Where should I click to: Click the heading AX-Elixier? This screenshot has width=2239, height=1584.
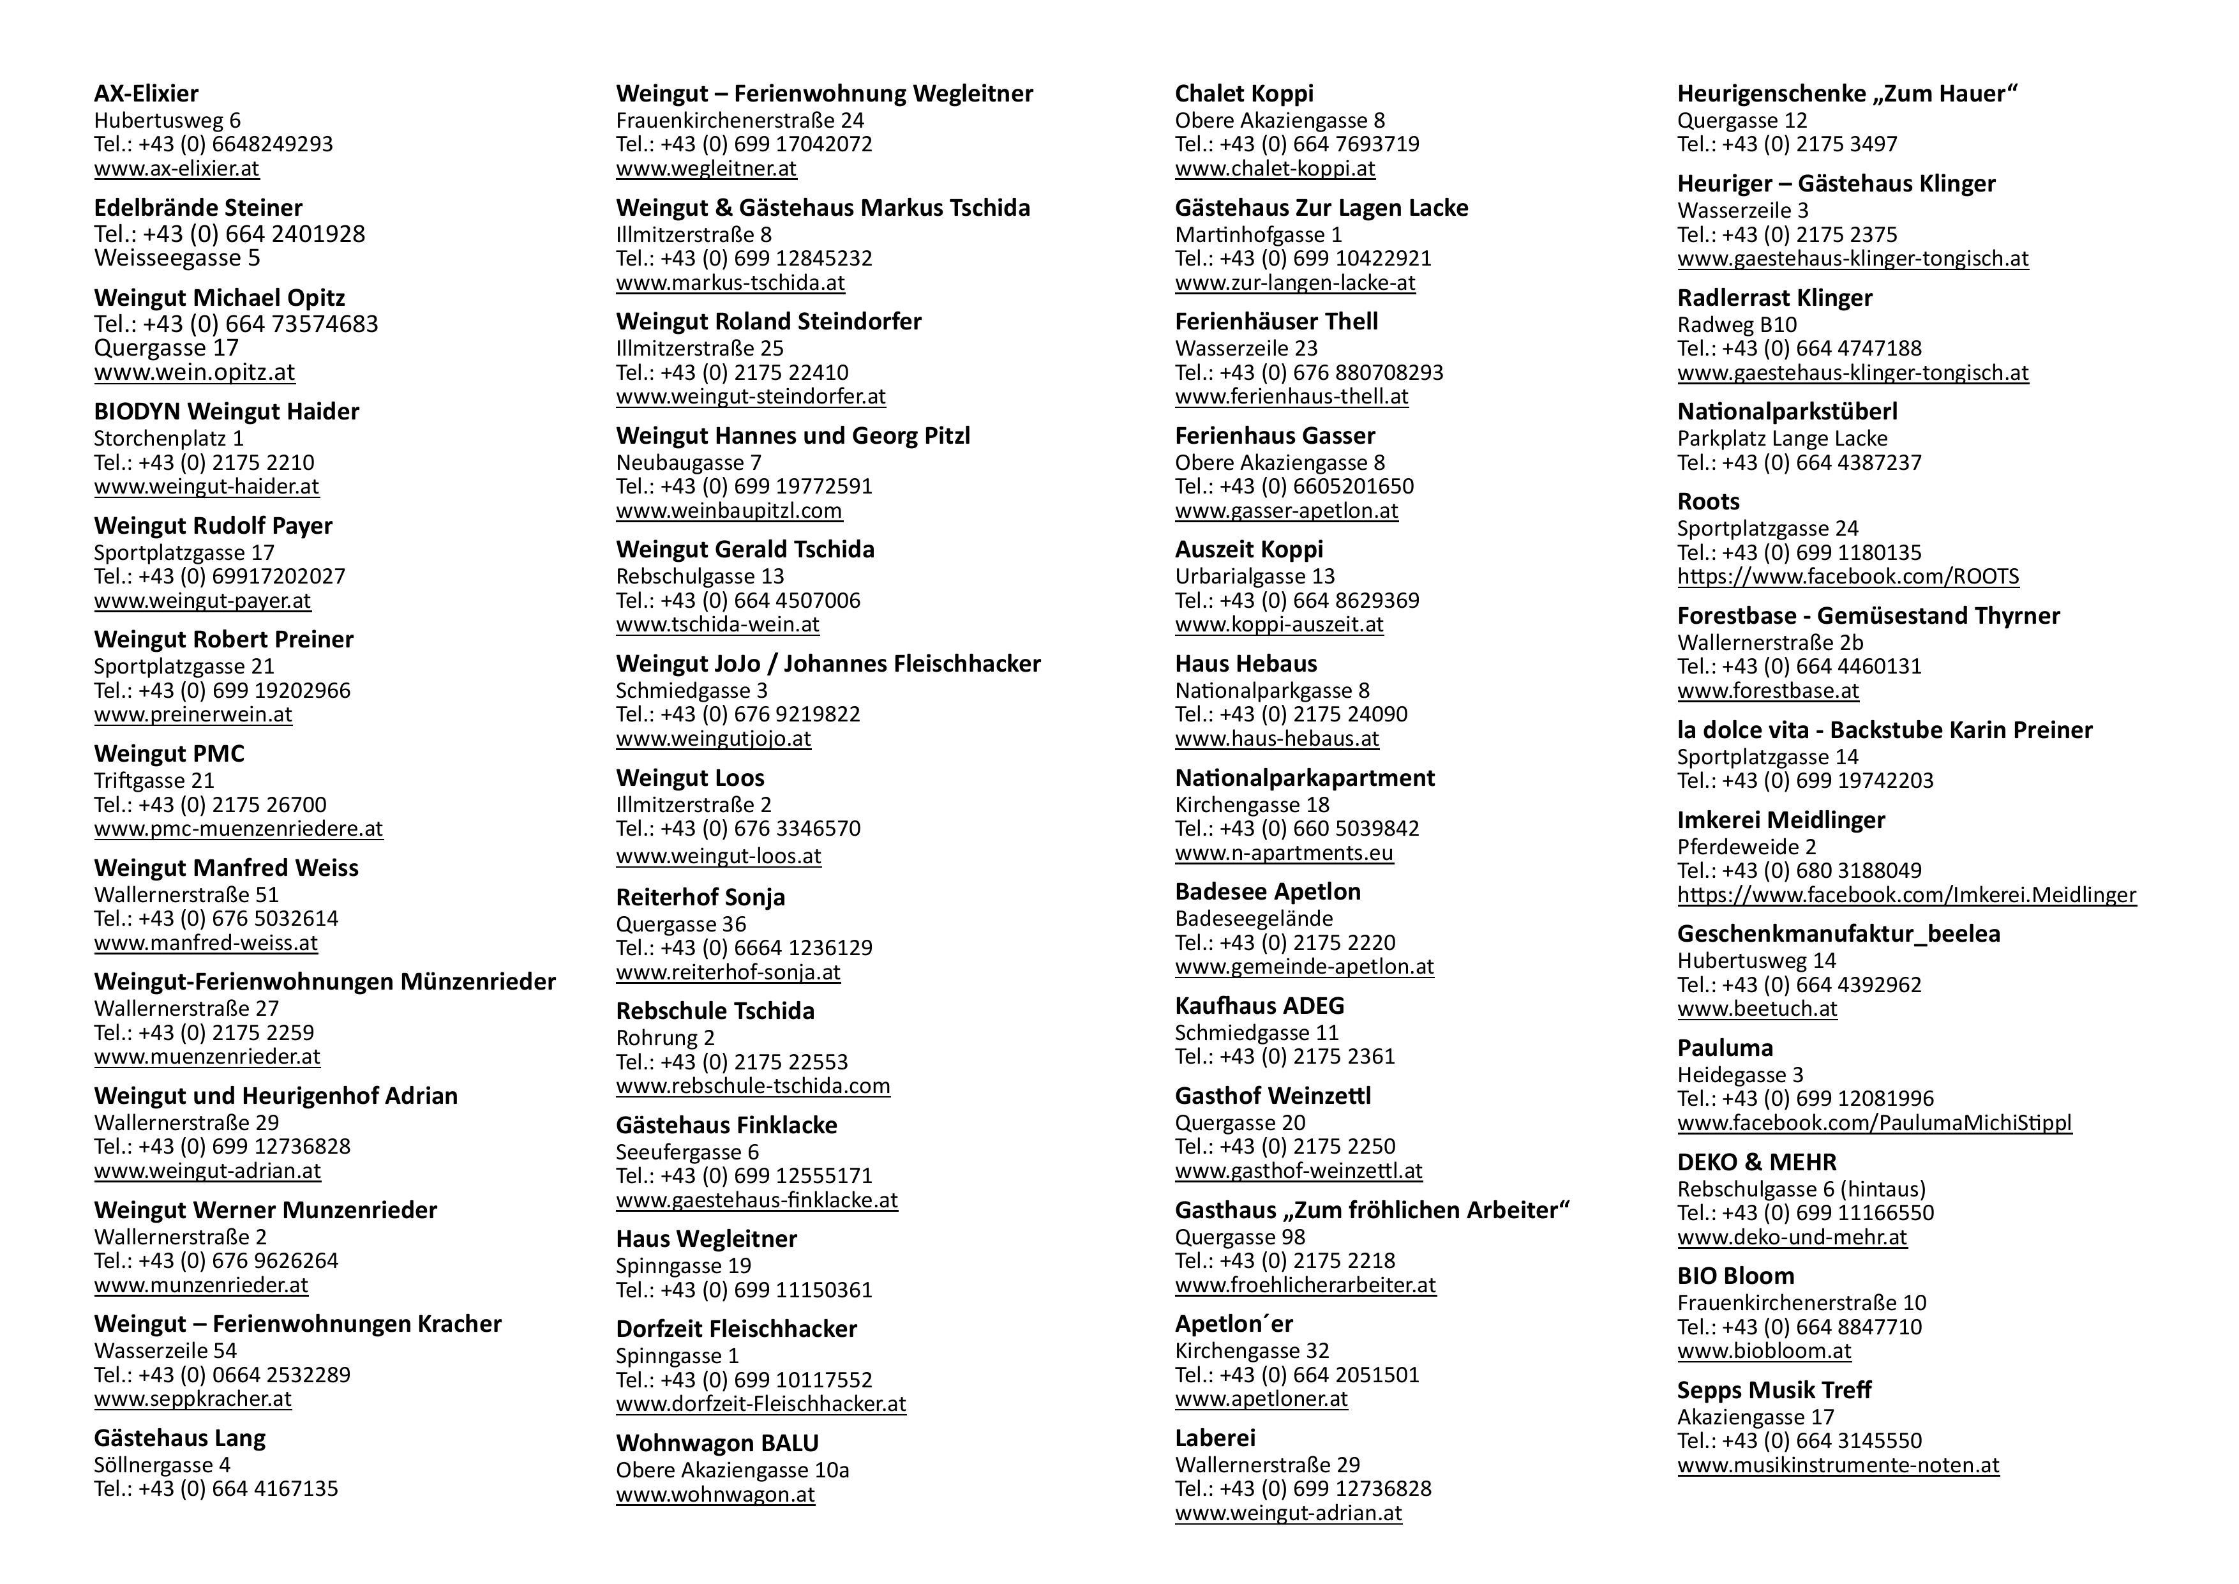(146, 94)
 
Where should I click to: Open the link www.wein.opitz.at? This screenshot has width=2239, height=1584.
(194, 373)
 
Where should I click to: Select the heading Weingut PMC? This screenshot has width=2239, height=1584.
(168, 754)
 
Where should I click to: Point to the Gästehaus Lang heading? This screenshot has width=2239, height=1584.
(179, 1438)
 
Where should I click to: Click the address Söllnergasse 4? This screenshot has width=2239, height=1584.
(162, 1465)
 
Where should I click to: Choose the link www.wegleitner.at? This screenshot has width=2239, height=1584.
(706, 169)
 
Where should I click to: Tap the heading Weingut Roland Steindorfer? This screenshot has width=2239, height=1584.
(768, 322)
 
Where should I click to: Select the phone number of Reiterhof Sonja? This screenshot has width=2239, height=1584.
(744, 948)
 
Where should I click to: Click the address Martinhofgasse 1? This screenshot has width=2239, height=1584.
(1258, 235)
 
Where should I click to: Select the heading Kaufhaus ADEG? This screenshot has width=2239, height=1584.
(1259, 1006)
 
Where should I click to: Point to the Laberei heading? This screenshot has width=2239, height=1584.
(1215, 1438)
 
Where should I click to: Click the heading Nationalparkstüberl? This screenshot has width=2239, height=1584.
(1786, 412)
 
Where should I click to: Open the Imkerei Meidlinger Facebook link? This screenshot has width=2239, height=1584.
(1905, 894)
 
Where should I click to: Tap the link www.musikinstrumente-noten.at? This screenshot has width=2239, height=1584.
(1838, 1465)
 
